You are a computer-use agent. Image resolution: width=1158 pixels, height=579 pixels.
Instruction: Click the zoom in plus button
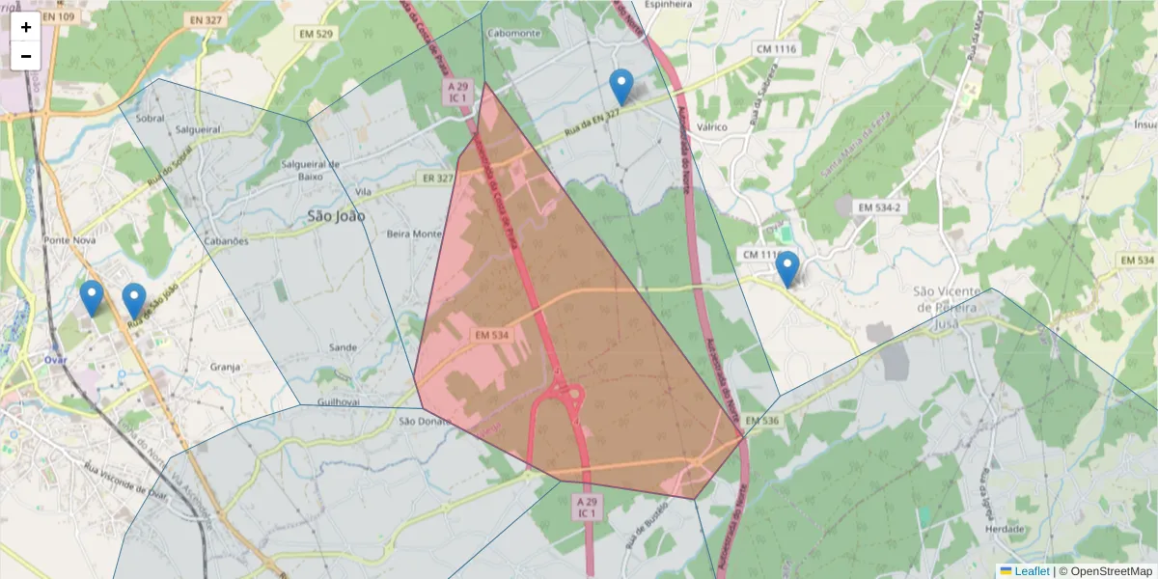[x=25, y=27]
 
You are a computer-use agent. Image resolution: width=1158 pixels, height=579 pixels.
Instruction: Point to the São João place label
[x=336, y=216]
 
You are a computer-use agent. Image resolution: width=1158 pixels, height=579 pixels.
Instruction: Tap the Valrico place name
[x=711, y=126]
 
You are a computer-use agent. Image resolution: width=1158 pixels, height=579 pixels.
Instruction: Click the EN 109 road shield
[x=58, y=18]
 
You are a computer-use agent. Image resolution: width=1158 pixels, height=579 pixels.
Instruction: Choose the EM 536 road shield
[x=762, y=421]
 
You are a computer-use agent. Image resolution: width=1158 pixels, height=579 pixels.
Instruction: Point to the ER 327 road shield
[x=437, y=178]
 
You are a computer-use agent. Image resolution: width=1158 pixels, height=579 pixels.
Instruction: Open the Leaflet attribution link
[x=1032, y=571]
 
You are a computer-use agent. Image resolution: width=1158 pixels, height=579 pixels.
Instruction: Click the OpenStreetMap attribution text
[x=1111, y=571]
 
